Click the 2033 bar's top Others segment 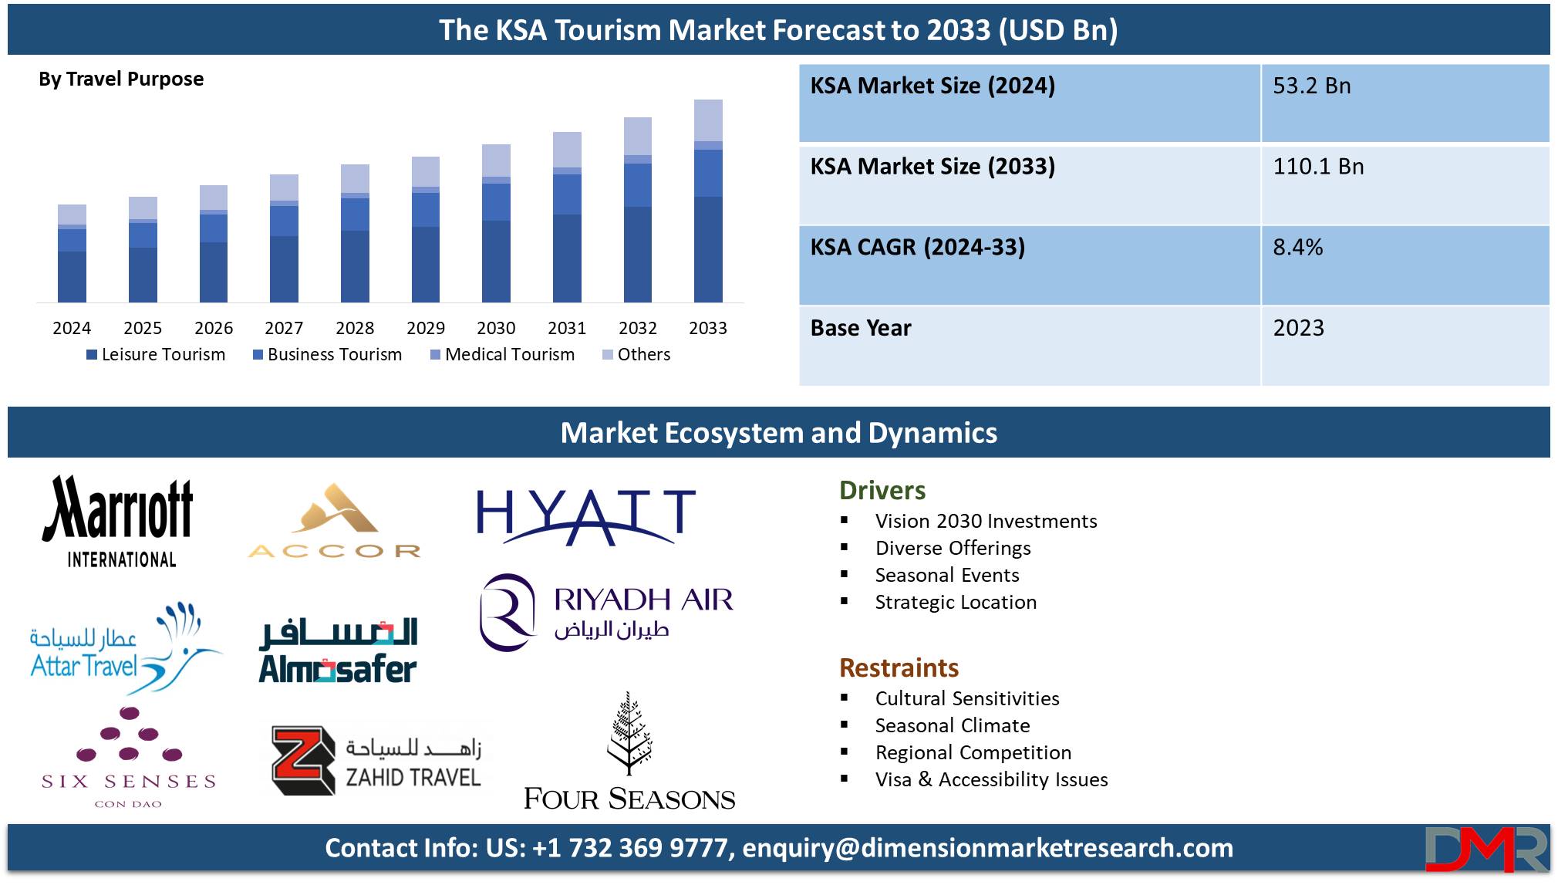coord(708,120)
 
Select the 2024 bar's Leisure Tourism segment coord(72,276)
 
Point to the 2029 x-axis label coord(426,328)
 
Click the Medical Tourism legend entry coord(502,354)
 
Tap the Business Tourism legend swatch coord(258,355)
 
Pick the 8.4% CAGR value coord(1297,247)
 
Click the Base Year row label coord(861,328)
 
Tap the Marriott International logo coord(119,522)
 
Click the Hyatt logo coord(586,515)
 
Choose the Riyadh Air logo coord(606,613)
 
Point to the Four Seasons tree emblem coord(629,733)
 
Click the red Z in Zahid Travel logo coord(303,760)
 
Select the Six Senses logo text coord(129,782)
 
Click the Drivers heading coord(882,491)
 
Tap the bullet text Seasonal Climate coord(953,725)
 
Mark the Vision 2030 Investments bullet coord(986,521)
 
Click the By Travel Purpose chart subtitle coord(121,79)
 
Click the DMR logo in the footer coord(1486,849)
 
